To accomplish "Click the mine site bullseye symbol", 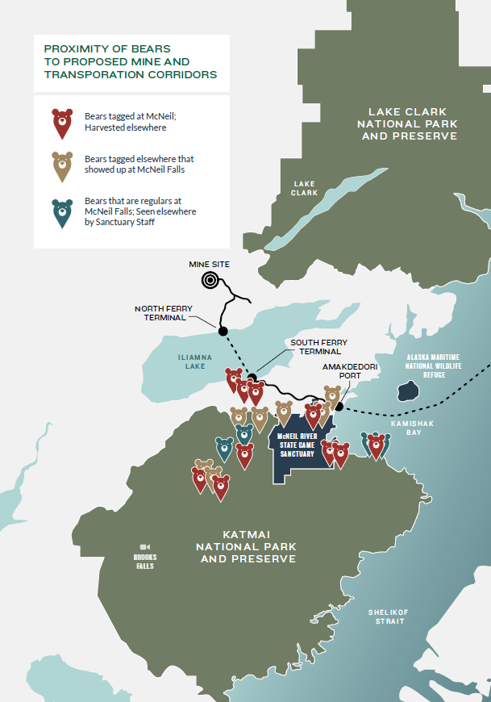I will click(x=210, y=280).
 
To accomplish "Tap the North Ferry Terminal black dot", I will click(x=223, y=330).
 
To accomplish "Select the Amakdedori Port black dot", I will click(x=340, y=407).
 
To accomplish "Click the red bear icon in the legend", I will click(x=61, y=123).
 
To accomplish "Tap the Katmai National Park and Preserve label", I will click(x=246, y=546).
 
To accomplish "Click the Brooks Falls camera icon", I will click(x=144, y=546).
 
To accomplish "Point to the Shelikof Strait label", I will click(x=389, y=616).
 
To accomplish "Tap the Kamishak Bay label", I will click(x=406, y=427).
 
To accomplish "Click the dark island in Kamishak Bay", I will click(x=407, y=391).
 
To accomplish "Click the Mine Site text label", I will click(x=210, y=264).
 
